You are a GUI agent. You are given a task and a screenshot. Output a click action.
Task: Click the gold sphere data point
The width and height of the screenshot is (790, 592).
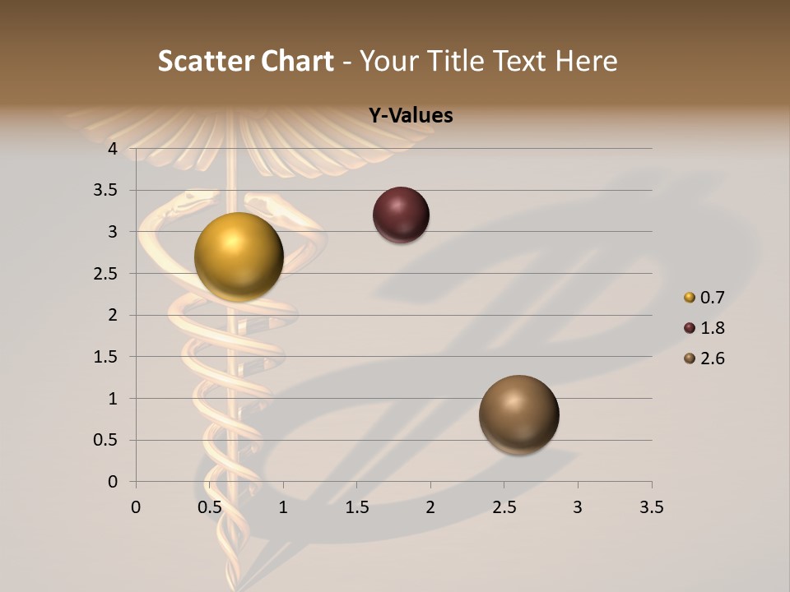pyautogui.click(x=239, y=257)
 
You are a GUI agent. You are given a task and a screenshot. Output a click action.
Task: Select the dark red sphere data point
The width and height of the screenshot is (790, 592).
pyautogui.click(x=401, y=215)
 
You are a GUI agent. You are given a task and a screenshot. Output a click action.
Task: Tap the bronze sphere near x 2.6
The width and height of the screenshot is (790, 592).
pyautogui.click(x=518, y=414)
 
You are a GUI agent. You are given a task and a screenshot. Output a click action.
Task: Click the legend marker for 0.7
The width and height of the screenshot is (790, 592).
pyautogui.click(x=690, y=298)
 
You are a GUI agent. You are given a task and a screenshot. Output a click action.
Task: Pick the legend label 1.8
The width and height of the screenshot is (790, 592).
pyautogui.click(x=712, y=328)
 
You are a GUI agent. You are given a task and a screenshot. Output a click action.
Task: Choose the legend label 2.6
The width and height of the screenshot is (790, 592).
pyautogui.click(x=712, y=358)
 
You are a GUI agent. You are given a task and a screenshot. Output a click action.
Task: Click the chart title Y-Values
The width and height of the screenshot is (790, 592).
pyautogui.click(x=410, y=116)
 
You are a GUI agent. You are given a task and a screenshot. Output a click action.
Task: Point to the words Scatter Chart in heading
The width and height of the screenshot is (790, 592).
pyautogui.click(x=245, y=61)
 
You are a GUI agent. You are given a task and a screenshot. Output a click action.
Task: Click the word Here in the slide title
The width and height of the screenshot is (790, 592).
pyautogui.click(x=585, y=61)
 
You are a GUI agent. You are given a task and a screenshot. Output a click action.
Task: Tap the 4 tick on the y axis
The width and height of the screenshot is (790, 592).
pyautogui.click(x=113, y=149)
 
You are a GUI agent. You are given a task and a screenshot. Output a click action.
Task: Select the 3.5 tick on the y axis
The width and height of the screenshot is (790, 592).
pyautogui.click(x=106, y=190)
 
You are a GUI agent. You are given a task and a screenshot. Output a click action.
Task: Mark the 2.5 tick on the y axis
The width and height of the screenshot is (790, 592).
pyautogui.click(x=106, y=274)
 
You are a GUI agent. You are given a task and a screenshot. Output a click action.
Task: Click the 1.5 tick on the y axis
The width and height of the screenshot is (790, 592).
pyautogui.click(x=106, y=357)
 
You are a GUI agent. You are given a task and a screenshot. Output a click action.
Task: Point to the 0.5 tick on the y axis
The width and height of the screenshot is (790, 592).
pyautogui.click(x=106, y=440)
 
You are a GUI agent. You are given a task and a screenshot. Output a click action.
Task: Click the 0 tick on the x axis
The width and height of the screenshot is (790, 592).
pyautogui.click(x=136, y=507)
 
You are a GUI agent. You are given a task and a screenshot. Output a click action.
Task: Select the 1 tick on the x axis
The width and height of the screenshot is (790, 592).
pyautogui.click(x=283, y=507)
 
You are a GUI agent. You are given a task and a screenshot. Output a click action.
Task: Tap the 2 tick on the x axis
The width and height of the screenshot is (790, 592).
pyautogui.click(x=430, y=507)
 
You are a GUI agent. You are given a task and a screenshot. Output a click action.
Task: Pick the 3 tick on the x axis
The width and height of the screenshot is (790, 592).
pyautogui.click(x=578, y=507)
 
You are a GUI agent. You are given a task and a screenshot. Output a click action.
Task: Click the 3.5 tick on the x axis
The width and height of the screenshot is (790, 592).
pyautogui.click(x=651, y=507)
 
